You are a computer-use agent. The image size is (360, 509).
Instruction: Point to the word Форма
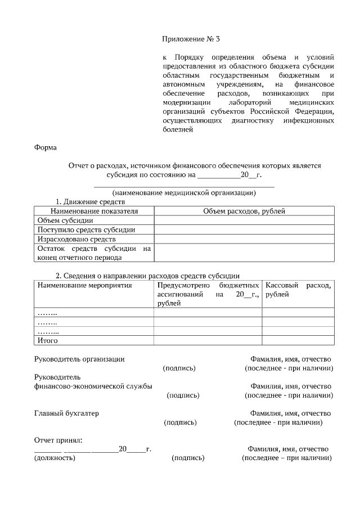46,147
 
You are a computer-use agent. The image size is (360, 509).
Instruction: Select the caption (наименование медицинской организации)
184,192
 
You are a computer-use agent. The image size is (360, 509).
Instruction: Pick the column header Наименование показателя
94,211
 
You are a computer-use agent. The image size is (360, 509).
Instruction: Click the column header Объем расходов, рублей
244,211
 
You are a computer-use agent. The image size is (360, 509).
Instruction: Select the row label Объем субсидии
65,220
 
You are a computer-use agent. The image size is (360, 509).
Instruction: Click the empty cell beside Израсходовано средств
244,239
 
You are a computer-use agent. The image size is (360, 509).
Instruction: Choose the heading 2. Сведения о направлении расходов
147,276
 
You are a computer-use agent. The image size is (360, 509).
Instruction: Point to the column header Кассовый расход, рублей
298,290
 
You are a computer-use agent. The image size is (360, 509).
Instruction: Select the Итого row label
47,340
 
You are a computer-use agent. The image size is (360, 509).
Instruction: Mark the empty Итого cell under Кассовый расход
298,340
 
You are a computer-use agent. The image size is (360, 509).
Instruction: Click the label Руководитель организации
79,359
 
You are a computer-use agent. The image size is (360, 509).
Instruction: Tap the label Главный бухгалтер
66,413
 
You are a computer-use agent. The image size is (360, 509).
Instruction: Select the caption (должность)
55,458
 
